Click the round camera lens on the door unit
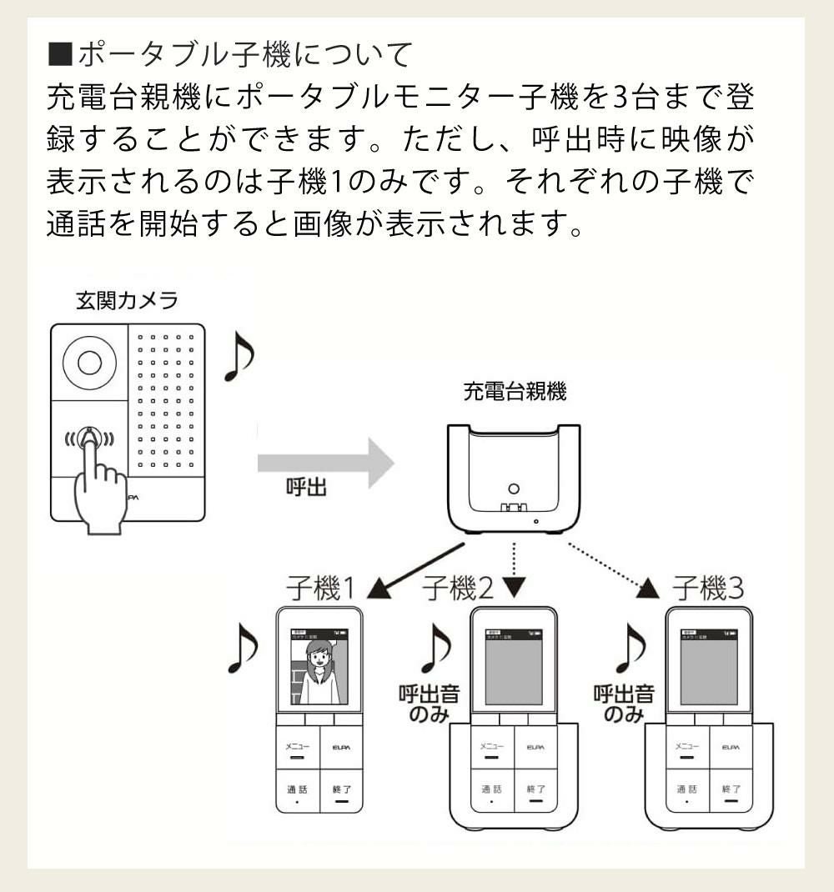(x=89, y=363)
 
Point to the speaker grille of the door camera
(x=166, y=400)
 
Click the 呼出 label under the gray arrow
(x=306, y=489)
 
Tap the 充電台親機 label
(x=515, y=392)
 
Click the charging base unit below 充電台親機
(x=514, y=479)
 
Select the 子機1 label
(x=320, y=589)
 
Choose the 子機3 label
(x=708, y=589)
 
